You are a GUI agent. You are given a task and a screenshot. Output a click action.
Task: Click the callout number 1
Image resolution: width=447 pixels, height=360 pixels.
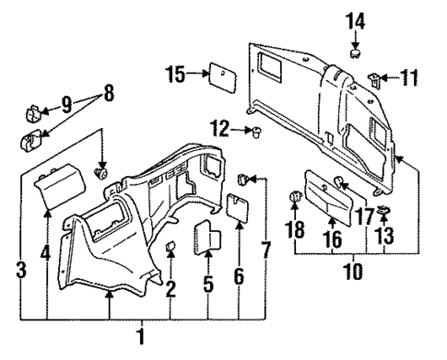point(141,336)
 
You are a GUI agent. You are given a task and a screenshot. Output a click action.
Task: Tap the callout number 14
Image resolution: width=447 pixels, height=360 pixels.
point(356,19)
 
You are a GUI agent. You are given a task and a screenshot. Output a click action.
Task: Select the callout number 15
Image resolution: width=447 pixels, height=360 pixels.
point(175,74)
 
